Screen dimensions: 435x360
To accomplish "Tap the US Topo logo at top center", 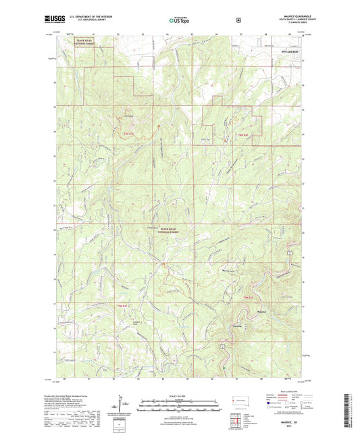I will click(179, 21).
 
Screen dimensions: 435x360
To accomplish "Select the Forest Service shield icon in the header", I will click(238, 20).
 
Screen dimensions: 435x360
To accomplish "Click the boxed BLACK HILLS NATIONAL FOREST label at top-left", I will click(85, 43).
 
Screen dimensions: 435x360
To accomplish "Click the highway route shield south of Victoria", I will click(222, 346).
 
